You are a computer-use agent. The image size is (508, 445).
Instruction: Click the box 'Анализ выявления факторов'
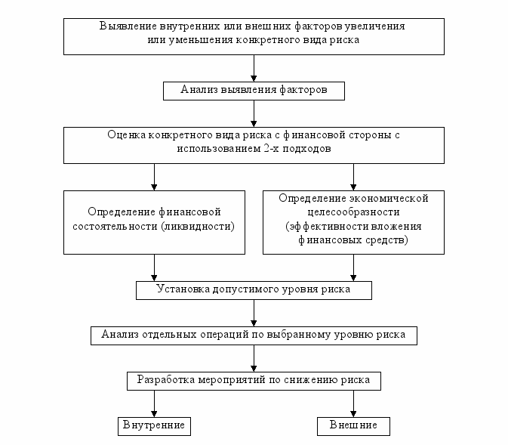254,91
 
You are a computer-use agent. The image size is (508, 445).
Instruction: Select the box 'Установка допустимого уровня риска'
254,290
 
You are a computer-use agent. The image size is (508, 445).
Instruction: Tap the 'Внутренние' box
154,426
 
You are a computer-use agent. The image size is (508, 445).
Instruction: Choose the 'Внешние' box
353,426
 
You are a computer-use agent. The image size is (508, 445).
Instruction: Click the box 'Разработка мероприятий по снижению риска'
254,381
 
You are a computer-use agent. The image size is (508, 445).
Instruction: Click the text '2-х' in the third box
272,149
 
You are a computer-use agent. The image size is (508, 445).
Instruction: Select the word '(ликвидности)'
198,226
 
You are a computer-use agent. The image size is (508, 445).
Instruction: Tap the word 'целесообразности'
353,212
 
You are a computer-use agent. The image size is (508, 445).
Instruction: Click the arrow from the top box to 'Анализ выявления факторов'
254,68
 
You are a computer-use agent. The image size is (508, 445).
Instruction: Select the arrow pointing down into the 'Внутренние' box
154,403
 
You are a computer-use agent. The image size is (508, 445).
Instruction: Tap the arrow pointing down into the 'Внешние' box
353,403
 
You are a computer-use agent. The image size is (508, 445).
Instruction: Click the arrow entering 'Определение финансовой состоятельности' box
154,177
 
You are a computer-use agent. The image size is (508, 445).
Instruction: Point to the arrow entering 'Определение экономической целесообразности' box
353,177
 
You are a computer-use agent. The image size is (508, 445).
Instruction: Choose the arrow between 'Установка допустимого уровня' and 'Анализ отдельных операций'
254,313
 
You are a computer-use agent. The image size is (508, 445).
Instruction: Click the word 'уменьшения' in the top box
200,40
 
